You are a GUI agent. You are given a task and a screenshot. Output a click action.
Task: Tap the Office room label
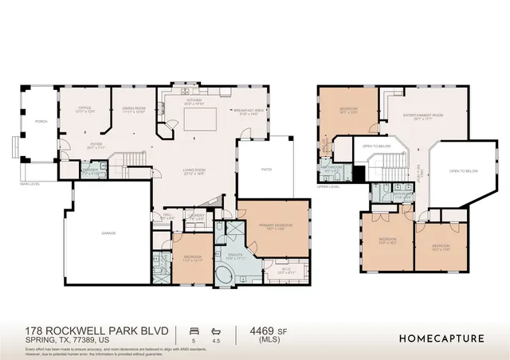click(x=84, y=109)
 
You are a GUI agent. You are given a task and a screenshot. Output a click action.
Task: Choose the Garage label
click(x=108, y=233)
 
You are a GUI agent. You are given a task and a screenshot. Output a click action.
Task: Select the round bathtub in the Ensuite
click(x=226, y=276)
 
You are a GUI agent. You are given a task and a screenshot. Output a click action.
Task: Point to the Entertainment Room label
click(x=422, y=116)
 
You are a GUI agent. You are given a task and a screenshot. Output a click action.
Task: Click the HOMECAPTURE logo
click(x=441, y=338)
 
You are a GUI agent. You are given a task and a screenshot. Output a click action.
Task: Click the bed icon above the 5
click(x=191, y=330)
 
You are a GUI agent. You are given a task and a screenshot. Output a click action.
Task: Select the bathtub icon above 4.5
click(x=216, y=330)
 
